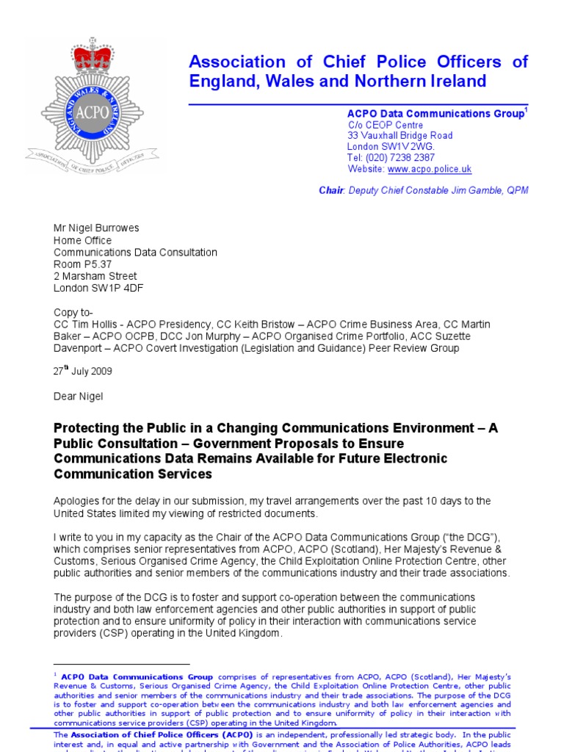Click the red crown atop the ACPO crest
(x=93, y=57)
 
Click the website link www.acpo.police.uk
(x=430, y=169)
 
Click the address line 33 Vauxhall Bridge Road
(x=399, y=136)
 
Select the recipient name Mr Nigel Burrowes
(x=95, y=229)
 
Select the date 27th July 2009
(x=82, y=372)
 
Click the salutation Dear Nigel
(x=79, y=397)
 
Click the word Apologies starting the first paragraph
(x=78, y=501)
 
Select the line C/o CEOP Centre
(x=386, y=125)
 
